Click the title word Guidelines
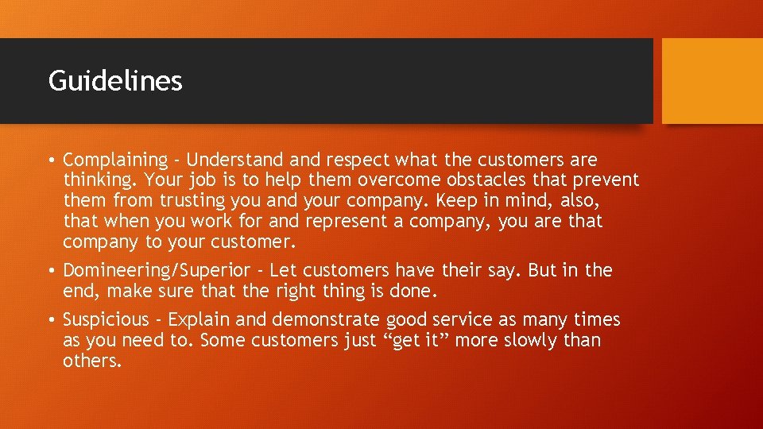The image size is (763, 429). (x=115, y=81)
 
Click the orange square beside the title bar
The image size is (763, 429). (x=711, y=81)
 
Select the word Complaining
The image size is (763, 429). (x=115, y=160)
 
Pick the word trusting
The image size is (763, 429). (x=192, y=201)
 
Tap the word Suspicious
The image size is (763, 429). (x=106, y=320)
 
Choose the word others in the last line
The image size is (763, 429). (x=92, y=361)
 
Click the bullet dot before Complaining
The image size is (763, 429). (x=51, y=161)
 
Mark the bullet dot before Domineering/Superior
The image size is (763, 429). (x=51, y=271)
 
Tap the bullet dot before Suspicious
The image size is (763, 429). (x=51, y=321)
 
